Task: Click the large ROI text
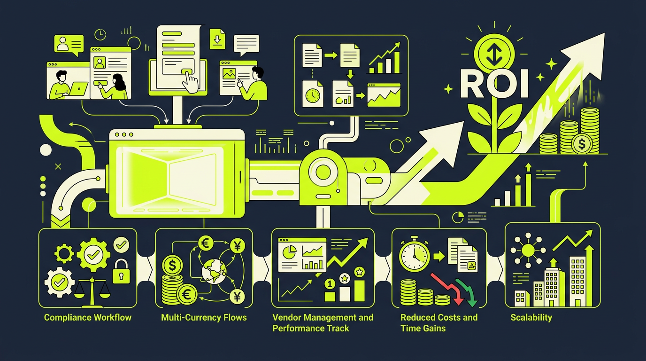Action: (494, 84)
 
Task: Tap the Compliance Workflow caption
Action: (88, 318)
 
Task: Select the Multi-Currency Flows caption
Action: (204, 318)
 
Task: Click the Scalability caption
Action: (531, 318)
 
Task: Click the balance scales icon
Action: (92, 292)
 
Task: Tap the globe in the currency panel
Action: (214, 270)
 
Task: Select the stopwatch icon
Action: (414, 254)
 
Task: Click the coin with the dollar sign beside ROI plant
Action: (582, 144)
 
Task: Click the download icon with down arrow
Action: (217, 39)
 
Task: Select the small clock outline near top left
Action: (100, 34)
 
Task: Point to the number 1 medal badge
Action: (330, 284)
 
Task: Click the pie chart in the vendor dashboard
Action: (289, 252)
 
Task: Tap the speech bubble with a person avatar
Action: (69, 45)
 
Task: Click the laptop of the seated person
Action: (78, 89)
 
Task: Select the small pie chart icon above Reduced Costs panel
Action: (458, 217)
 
